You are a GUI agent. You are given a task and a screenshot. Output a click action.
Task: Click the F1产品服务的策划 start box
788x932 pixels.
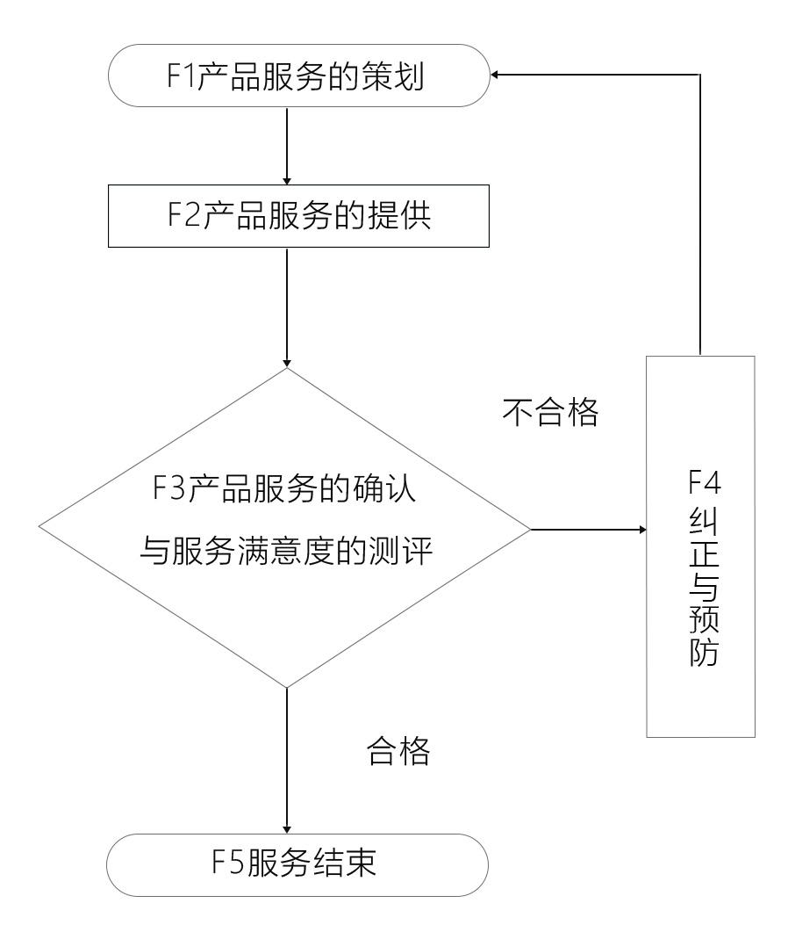click(297, 77)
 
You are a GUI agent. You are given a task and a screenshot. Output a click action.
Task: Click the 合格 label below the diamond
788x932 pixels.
click(398, 752)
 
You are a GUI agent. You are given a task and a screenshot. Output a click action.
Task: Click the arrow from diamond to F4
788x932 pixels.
click(588, 530)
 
